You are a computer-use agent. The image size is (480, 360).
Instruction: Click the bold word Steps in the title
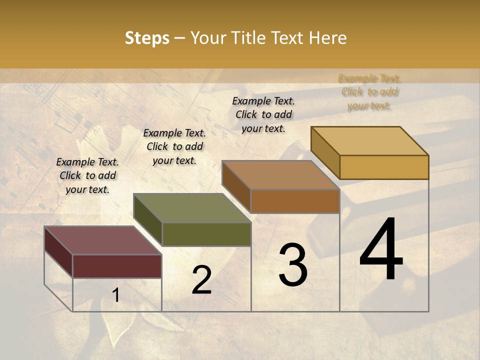(x=147, y=38)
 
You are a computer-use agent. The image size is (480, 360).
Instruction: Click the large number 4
(x=381, y=250)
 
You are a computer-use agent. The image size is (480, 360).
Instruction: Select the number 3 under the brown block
(x=292, y=265)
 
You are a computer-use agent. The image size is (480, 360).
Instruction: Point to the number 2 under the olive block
(x=201, y=280)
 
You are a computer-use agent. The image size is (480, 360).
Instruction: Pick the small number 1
(x=116, y=295)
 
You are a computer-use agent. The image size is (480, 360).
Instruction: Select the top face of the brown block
(x=280, y=175)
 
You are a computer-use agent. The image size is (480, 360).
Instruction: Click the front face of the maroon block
(x=117, y=266)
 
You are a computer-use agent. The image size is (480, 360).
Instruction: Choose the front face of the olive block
(x=206, y=234)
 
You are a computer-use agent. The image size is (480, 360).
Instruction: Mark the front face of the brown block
(x=295, y=201)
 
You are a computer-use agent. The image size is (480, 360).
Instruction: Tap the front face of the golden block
(x=384, y=167)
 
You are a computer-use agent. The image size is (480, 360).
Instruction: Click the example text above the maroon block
(x=87, y=175)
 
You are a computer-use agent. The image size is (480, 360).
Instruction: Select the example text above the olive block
(x=174, y=146)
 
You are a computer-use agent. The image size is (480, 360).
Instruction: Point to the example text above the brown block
(x=263, y=114)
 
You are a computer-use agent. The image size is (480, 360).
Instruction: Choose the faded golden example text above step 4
(x=369, y=92)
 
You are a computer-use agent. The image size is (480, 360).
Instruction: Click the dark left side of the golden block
(x=325, y=152)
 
